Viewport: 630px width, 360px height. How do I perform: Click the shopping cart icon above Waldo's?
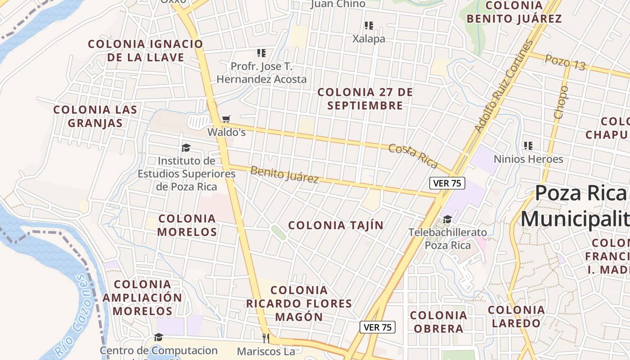click(226, 119)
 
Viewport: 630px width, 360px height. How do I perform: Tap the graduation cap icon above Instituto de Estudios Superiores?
click(186, 148)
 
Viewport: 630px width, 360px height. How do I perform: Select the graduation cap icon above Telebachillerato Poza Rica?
click(447, 219)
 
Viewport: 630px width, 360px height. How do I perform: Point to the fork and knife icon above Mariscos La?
click(265, 337)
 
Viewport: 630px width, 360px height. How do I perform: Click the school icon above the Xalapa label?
click(369, 26)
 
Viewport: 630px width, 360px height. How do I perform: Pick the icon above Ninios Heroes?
click(528, 146)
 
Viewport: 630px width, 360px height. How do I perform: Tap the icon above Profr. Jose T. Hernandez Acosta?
click(261, 53)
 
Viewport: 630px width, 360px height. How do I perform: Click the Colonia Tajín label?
click(336, 225)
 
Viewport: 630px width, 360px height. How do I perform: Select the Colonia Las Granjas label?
click(95, 117)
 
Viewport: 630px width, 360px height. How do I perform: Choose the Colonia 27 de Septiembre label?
click(365, 99)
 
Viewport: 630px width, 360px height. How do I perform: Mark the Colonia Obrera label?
click(439, 322)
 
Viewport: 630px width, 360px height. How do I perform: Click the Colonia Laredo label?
click(517, 316)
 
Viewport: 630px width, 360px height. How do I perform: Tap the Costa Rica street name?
click(413, 156)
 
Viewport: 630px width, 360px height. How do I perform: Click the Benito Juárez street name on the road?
click(284, 175)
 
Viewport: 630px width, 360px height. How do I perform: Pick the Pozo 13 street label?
click(565, 63)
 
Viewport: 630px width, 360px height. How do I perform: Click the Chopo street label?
click(561, 102)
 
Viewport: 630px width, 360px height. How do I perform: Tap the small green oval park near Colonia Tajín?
click(279, 232)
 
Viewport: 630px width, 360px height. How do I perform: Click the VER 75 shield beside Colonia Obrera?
click(378, 327)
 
